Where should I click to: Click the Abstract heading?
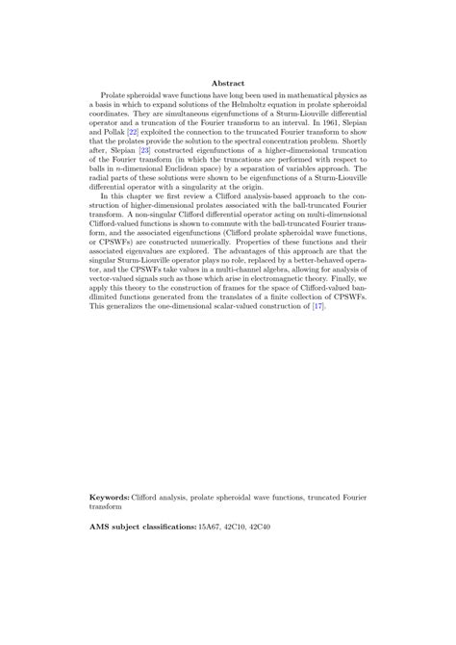228,84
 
